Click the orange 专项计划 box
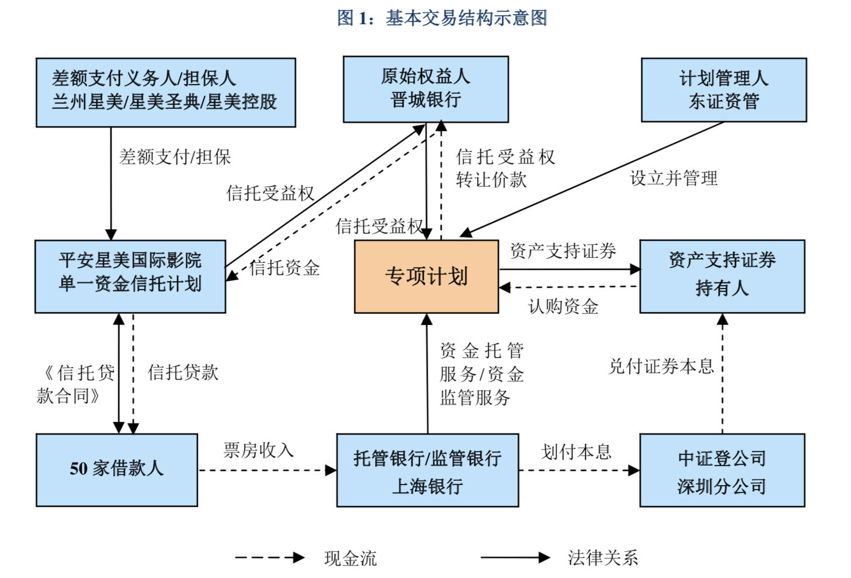click(426, 277)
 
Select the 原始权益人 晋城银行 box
click(425, 89)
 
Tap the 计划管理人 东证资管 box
click(723, 90)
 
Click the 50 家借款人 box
click(117, 469)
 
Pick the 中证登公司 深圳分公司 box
click(722, 470)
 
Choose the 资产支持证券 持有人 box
click(722, 276)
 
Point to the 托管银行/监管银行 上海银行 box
click(427, 470)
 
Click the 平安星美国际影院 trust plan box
click(130, 276)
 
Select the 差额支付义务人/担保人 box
click(165, 92)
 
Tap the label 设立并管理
click(673, 179)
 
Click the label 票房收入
click(258, 450)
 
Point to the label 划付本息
click(576, 452)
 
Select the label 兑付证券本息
click(661, 367)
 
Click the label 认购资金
click(563, 306)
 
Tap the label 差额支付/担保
click(175, 157)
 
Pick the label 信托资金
click(285, 268)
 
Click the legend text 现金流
click(350, 558)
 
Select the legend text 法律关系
click(603, 558)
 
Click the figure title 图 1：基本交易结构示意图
click(442, 18)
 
